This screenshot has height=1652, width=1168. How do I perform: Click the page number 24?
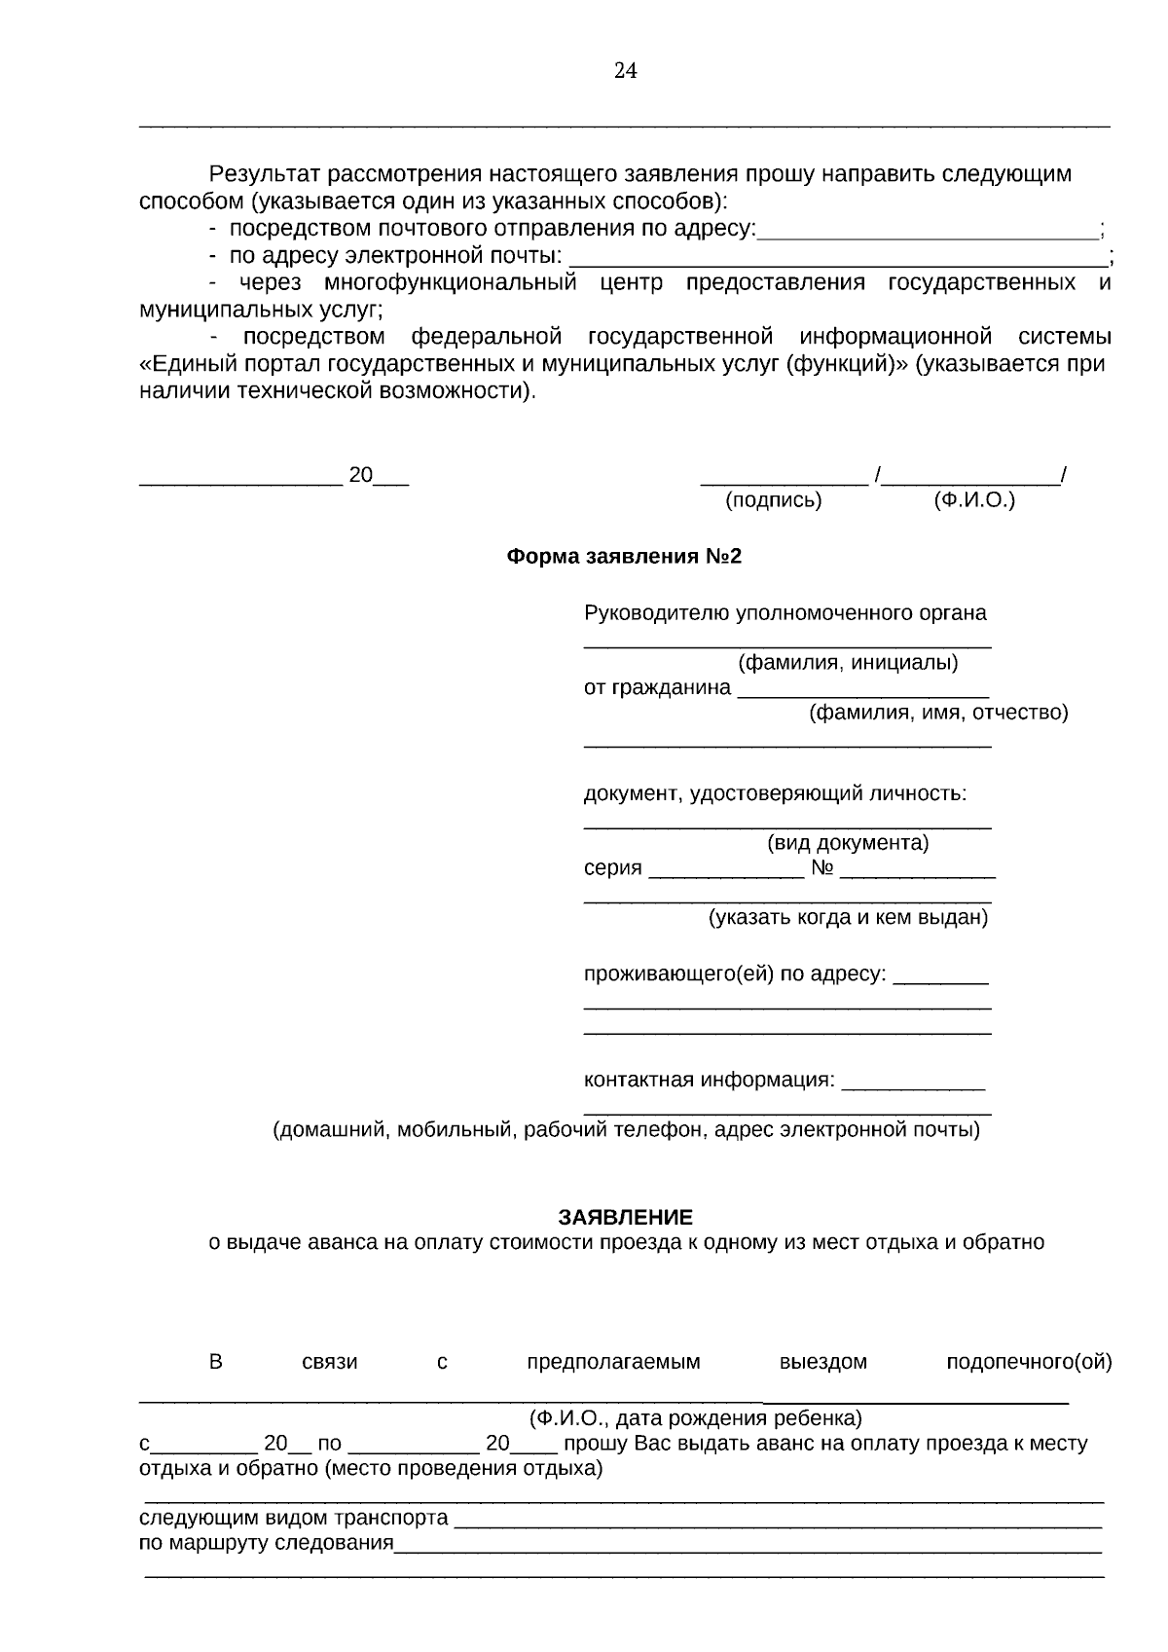pyautogui.click(x=625, y=70)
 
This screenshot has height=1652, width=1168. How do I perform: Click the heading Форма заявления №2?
pyautogui.click(x=624, y=557)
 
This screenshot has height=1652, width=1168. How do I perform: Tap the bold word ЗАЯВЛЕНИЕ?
pyautogui.click(x=625, y=1217)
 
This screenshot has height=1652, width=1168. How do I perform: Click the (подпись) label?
pyautogui.click(x=774, y=500)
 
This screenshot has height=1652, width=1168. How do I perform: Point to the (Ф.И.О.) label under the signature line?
pyautogui.click(x=973, y=500)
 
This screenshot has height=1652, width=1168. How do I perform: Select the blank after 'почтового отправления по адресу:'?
pyautogui.click(x=927, y=232)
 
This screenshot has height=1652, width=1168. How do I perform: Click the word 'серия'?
pyautogui.click(x=612, y=868)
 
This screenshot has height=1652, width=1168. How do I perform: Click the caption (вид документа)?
pyautogui.click(x=848, y=842)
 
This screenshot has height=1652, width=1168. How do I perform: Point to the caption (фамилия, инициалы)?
pyautogui.click(x=848, y=663)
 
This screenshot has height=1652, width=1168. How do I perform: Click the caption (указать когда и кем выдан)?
pyautogui.click(x=848, y=917)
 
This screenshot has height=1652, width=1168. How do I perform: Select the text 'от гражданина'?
pyautogui.click(x=657, y=687)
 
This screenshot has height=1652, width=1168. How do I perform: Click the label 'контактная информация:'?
pyautogui.click(x=709, y=1080)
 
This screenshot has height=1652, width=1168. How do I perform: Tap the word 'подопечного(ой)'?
pyautogui.click(x=1029, y=1362)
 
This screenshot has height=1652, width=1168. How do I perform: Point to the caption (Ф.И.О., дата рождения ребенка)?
pyautogui.click(x=695, y=1417)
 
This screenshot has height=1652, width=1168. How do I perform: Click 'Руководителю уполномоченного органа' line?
pyautogui.click(x=785, y=613)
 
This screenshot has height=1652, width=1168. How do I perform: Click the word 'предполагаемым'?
pyautogui.click(x=613, y=1362)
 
